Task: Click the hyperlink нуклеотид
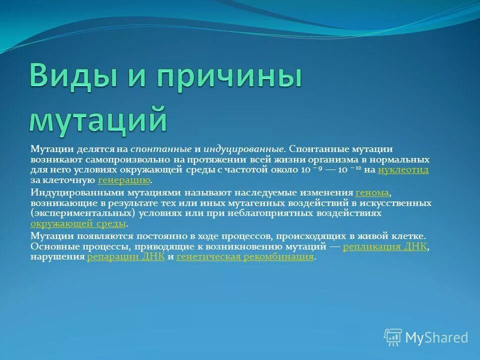(403, 170)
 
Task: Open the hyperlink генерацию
(124, 180)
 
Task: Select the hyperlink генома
(371, 192)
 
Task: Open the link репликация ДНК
(385, 246)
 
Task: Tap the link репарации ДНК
(125, 257)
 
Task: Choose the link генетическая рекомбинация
(245, 257)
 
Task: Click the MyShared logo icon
(392, 337)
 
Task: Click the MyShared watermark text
(436, 337)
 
